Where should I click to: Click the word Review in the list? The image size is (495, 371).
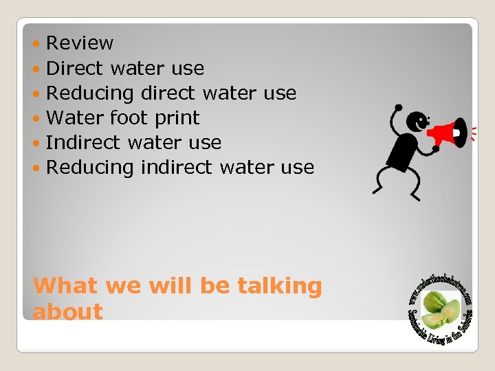(80, 43)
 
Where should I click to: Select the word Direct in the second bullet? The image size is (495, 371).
(74, 68)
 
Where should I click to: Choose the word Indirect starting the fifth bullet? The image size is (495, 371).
(85, 142)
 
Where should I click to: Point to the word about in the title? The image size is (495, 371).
(67, 311)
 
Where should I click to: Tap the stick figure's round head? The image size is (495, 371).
(417, 123)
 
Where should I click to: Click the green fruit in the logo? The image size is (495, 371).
(439, 309)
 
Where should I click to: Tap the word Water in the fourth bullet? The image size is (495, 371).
(74, 117)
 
